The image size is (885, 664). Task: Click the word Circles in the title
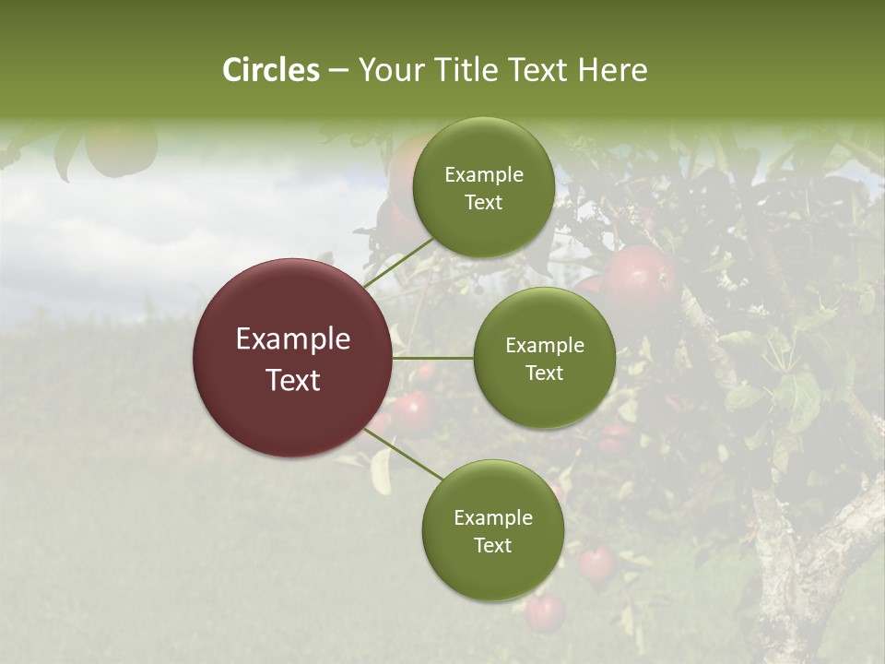(270, 70)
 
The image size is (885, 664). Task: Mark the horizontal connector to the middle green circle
(432, 358)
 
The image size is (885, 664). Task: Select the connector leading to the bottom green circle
(405, 454)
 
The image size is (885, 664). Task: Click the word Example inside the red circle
(292, 339)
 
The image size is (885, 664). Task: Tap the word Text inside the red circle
(292, 380)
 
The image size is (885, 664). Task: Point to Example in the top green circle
(483, 175)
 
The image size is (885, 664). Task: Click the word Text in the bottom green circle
(492, 545)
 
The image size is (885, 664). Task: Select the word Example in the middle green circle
(544, 346)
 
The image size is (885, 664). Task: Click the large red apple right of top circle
(638, 279)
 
